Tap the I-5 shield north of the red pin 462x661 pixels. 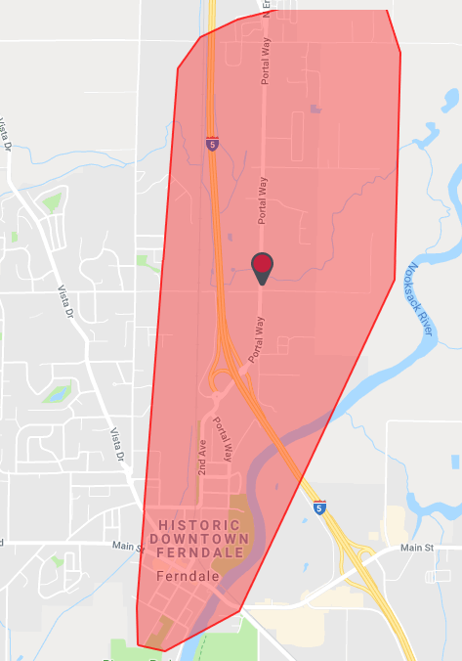pyautogui.click(x=212, y=144)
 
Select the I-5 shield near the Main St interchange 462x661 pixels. pyautogui.click(x=319, y=508)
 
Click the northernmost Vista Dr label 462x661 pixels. pyautogui.click(x=6, y=134)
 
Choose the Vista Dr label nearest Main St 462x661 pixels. pyautogui.click(x=120, y=445)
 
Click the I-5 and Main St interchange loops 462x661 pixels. pyautogui.click(x=361, y=562)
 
